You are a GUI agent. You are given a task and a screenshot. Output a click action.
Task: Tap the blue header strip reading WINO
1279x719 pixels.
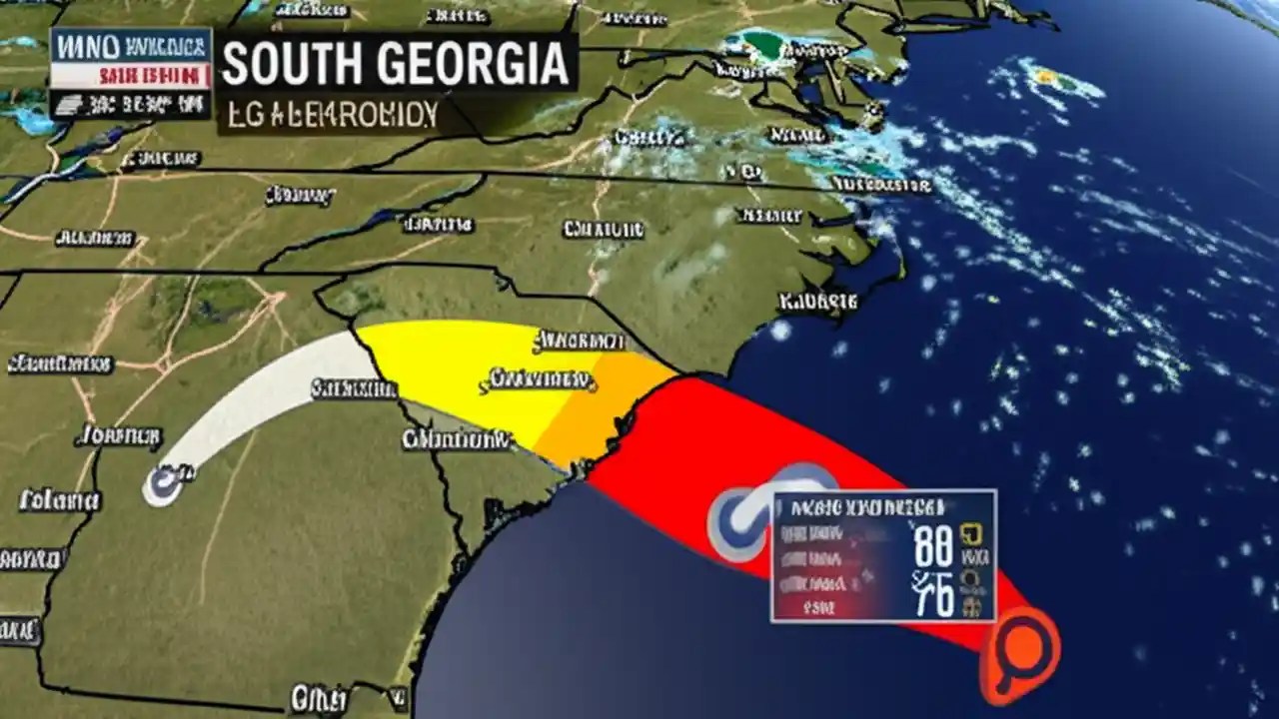click(131, 45)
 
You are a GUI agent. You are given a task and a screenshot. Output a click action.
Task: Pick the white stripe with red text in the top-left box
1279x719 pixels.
click(131, 75)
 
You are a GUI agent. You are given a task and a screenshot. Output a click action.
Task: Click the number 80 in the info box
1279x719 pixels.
click(934, 548)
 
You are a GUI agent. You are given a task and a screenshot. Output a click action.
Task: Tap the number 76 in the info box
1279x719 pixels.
click(934, 593)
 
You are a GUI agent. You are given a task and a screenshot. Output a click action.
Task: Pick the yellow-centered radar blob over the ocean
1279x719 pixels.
click(1046, 75)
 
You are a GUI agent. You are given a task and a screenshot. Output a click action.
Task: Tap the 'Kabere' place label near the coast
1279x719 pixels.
click(819, 299)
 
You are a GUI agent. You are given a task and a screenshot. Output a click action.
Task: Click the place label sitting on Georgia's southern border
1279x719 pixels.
click(318, 696)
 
